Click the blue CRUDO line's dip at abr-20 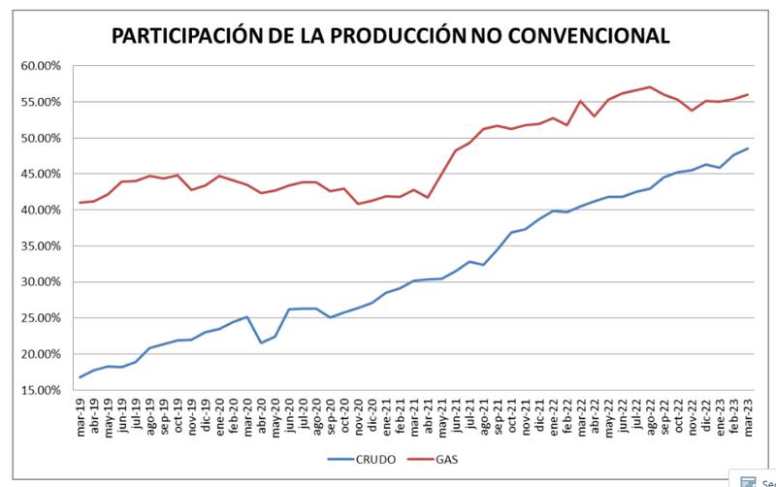point(261,342)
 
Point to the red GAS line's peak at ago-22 point(649,86)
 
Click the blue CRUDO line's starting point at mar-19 point(81,377)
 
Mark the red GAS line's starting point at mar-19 point(81,203)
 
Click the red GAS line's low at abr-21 point(428,198)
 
